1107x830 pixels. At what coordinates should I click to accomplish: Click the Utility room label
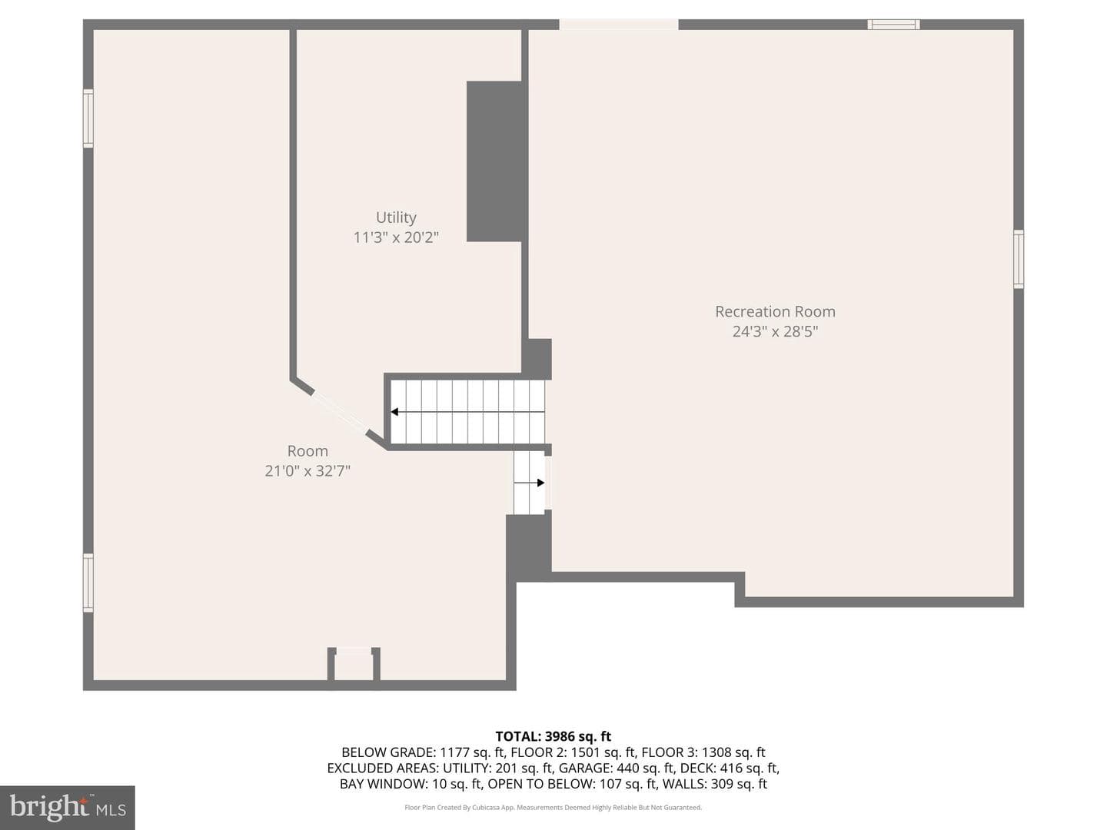pos(396,217)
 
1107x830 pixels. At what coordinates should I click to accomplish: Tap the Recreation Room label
pos(775,311)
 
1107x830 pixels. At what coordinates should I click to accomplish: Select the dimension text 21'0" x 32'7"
pos(307,470)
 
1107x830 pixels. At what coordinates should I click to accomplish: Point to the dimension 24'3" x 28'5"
pos(775,331)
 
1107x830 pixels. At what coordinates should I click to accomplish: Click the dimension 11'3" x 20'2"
pos(396,237)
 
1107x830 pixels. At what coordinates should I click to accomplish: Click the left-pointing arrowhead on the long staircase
pos(395,412)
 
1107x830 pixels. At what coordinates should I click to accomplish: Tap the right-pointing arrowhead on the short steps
pos(540,483)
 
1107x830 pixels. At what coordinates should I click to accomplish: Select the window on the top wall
pos(893,24)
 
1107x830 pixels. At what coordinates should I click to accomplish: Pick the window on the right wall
pos(1019,259)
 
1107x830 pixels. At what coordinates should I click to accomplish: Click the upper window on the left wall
pos(88,118)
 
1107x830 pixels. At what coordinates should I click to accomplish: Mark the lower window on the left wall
pos(88,583)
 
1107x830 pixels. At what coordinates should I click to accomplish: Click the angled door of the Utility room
pos(340,412)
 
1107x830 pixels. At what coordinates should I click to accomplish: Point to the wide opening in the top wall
pos(618,24)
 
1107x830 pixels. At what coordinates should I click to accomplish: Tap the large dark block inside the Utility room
pos(494,161)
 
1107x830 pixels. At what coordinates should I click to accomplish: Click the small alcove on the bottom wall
pos(354,664)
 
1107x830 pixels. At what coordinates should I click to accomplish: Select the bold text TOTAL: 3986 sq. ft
pos(553,736)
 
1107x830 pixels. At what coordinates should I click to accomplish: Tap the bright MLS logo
pos(68,808)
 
